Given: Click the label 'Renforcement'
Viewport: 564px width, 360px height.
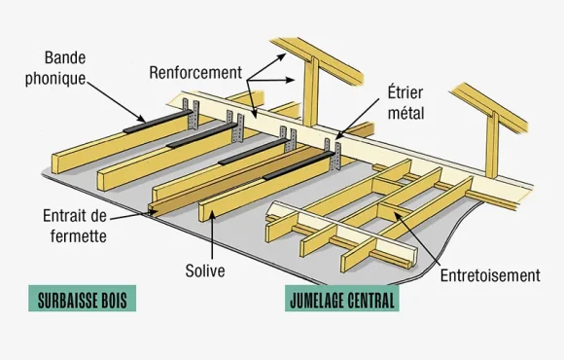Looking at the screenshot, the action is (x=195, y=73).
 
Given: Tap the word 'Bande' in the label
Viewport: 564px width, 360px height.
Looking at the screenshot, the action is (x=65, y=57).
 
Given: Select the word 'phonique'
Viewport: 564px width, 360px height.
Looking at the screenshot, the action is (x=55, y=79).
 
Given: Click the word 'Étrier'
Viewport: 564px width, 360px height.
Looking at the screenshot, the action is (x=405, y=92).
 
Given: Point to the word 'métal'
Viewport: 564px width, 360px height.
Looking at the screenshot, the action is (x=406, y=113).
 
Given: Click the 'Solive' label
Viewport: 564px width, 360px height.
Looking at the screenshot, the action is (x=205, y=270).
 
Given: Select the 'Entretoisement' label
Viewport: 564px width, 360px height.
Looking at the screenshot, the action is (x=490, y=275).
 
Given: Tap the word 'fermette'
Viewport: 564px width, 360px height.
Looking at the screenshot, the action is (x=79, y=236).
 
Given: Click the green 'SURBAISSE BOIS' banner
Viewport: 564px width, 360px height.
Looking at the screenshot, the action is (x=83, y=298).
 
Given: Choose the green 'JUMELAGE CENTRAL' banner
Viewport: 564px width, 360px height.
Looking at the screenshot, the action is (x=341, y=298).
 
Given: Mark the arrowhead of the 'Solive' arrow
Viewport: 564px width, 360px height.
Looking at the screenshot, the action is (x=212, y=215).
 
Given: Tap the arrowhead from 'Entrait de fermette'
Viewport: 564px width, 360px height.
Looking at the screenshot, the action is (x=153, y=212).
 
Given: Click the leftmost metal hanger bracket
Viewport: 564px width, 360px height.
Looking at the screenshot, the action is (x=191, y=115).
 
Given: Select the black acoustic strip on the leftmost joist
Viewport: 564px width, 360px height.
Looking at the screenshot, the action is (x=158, y=122).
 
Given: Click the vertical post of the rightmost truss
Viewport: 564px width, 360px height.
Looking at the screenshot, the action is (x=492, y=145).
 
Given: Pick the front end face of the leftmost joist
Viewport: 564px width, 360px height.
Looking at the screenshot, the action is (x=55, y=163).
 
